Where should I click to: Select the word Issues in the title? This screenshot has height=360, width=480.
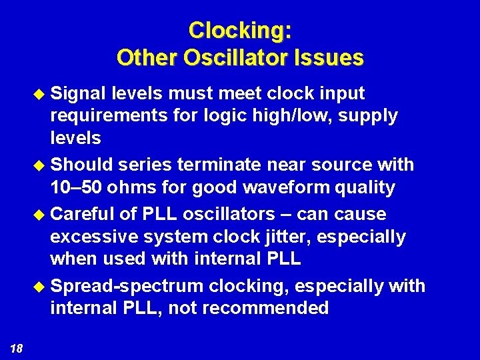point(328,57)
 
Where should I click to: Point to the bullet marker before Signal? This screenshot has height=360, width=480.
point(41,93)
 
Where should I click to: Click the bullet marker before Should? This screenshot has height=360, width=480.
point(41,165)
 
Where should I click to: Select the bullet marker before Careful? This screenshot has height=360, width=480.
point(41,215)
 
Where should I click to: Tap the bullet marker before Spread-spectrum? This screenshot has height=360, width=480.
point(41,286)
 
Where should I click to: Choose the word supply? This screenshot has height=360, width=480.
point(369,116)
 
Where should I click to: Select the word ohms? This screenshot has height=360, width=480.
point(137,188)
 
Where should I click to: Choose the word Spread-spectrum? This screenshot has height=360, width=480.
point(127,286)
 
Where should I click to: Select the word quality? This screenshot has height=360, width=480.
point(364,188)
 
